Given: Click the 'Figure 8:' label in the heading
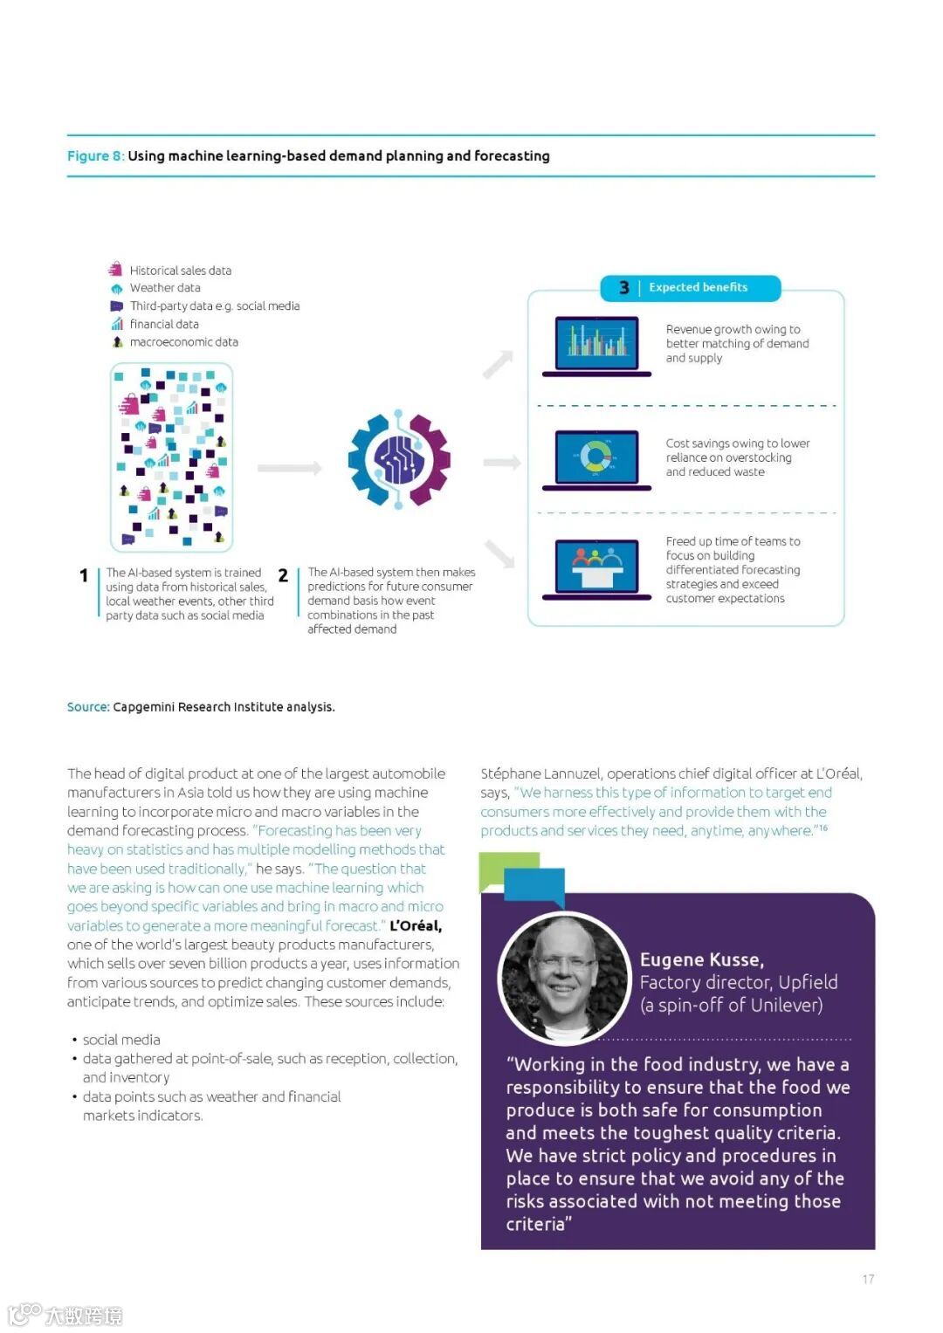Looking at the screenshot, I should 95,156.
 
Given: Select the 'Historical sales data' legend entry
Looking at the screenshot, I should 180,271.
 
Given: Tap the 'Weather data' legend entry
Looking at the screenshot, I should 164,288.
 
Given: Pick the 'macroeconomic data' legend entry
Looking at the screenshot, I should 183,342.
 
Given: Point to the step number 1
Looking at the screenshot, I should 84,575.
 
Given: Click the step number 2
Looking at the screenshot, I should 283,575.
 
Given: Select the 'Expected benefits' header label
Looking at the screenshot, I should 698,287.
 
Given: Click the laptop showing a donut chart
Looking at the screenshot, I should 597,459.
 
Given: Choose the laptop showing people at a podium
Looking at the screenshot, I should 597,569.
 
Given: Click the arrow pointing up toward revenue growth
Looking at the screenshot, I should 499,364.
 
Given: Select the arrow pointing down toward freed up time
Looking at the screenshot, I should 500,554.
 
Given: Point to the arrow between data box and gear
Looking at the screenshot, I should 289,469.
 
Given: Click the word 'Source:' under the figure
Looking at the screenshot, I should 88,707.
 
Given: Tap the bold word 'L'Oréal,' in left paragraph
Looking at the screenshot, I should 416,925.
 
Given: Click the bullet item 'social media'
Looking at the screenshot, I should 121,1040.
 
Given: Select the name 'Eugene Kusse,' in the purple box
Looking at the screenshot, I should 702,959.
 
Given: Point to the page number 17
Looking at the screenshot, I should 868,1279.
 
